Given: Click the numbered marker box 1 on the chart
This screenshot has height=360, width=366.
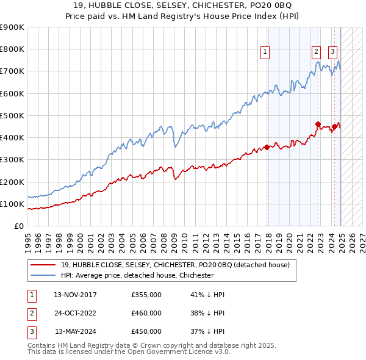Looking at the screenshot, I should (266, 52).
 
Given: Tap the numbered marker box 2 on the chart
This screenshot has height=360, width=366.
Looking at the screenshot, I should (317, 52).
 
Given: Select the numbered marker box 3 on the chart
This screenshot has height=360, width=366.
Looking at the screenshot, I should (333, 52).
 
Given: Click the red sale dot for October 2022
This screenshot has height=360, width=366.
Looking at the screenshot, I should (318, 124).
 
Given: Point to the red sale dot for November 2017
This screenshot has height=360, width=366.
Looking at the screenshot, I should (267, 147).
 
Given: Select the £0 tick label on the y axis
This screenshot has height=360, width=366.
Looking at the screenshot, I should (18, 226).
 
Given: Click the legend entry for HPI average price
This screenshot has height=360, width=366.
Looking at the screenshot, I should (137, 275).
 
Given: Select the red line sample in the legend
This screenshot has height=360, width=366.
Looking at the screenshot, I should (43, 264).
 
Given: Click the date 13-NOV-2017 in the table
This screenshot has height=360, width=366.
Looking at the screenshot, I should (75, 295).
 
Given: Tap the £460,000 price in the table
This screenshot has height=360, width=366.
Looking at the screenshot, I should (146, 313).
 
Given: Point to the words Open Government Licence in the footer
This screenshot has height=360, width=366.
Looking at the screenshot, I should (173, 352).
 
